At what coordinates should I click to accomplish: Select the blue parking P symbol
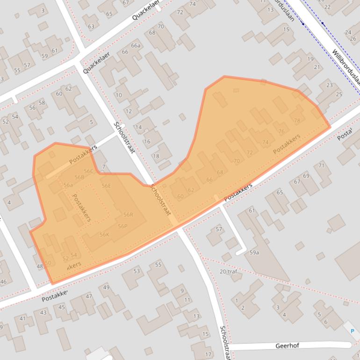[x=352, y=331]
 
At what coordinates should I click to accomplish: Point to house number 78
[x=297, y=121]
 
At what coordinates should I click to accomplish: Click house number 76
[x=281, y=131]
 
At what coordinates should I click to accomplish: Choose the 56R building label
[x=128, y=215]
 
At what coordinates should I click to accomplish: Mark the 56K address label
[x=104, y=235]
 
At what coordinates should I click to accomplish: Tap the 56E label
[x=106, y=186]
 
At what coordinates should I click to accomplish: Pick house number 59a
[x=254, y=252]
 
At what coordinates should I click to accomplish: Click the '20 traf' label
[x=228, y=271]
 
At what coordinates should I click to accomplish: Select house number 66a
[x=136, y=45]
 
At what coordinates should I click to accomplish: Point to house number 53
[x=137, y=271]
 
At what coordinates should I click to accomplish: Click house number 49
[x=106, y=287]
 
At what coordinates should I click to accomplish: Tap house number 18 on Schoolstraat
[x=156, y=156]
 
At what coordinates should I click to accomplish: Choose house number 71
[x=321, y=166]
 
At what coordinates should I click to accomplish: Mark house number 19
[x=310, y=59]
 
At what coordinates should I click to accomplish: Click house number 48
[x=40, y=266]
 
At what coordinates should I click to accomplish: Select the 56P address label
[x=122, y=226]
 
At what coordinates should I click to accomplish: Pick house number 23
[x=330, y=85]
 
